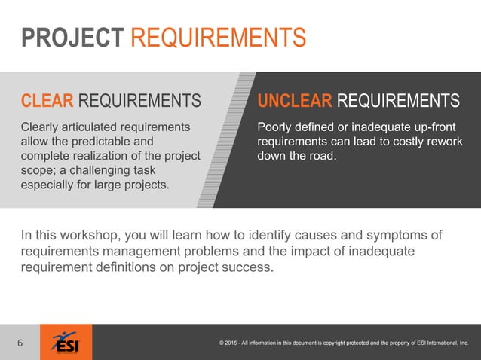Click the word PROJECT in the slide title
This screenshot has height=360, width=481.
[72, 37]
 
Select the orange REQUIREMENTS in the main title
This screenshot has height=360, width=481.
[219, 37]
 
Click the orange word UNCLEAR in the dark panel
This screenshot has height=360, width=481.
[295, 101]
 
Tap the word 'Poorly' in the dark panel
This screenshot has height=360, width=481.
[276, 126]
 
